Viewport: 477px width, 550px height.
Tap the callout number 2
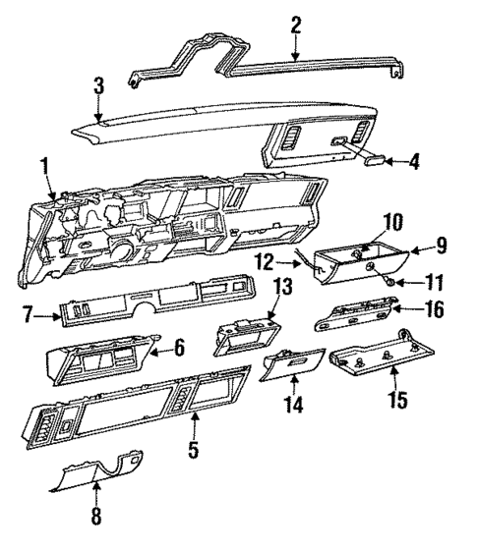pos(295,27)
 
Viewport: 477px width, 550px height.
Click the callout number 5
pos(194,452)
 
